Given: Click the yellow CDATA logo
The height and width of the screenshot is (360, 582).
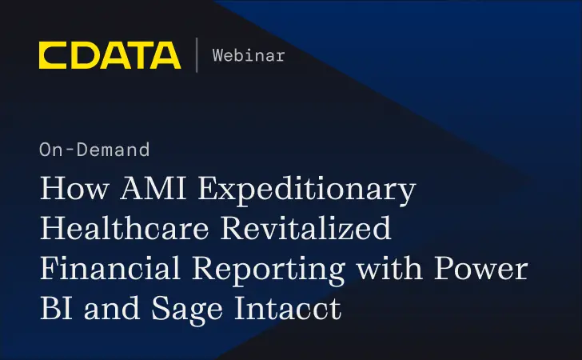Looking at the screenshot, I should [x=110, y=55].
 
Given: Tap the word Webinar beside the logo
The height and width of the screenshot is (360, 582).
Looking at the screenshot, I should [x=248, y=55].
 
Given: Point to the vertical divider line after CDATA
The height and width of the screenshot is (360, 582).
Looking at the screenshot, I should [x=196, y=55].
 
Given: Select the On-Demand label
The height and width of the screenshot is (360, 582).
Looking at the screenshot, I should [x=94, y=149].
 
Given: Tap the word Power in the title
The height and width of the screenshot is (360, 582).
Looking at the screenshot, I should [x=487, y=270].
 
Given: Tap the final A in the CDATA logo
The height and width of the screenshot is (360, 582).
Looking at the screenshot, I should [x=166, y=55].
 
